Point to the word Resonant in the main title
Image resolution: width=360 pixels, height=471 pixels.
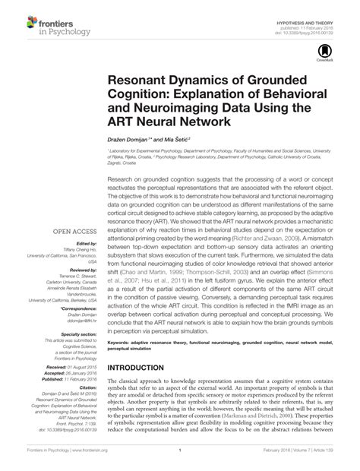[x=137, y=81]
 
